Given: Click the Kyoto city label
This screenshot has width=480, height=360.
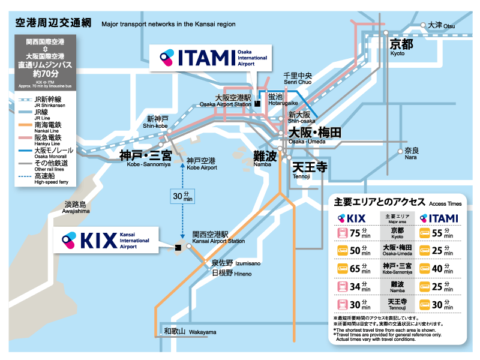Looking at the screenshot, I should pos(401,46).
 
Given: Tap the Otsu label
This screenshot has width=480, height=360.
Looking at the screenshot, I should pos(442,25).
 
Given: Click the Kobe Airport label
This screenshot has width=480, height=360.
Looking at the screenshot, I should pos(201,163).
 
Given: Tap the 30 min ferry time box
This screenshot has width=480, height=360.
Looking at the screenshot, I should pos(182,196).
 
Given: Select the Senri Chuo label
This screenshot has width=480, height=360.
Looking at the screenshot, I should pos(298,79).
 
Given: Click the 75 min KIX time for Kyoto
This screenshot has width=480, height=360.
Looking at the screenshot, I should pos(355,233).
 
